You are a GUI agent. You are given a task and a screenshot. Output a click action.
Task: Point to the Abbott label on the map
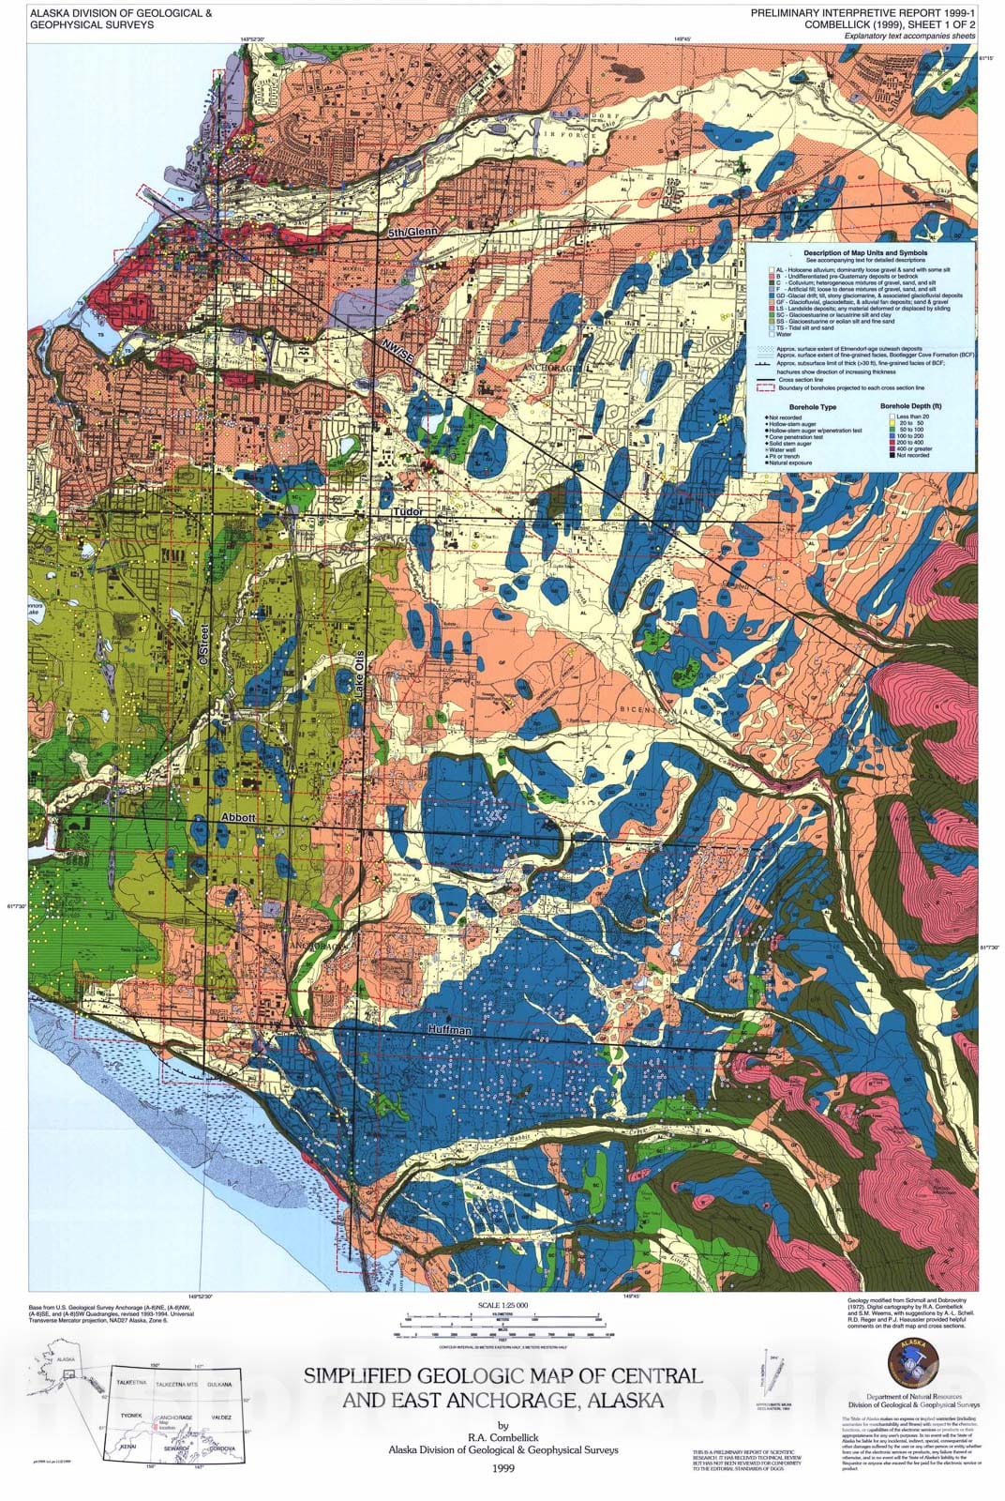(x=237, y=818)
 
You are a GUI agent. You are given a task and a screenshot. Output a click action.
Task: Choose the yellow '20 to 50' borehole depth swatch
(x=892, y=423)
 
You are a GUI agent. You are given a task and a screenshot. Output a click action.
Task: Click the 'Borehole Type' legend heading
(x=813, y=407)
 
